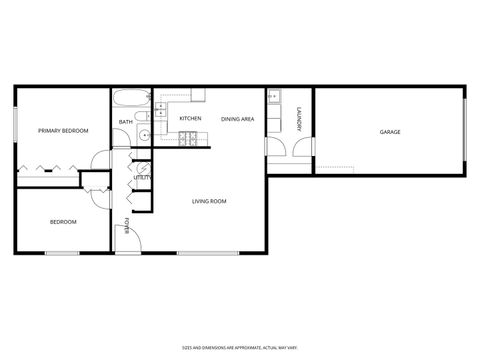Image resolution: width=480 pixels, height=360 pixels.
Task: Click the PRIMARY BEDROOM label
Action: [x=63, y=131]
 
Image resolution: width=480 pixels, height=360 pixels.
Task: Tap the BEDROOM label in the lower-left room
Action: [x=63, y=221]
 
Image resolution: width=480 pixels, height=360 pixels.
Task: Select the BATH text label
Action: [x=125, y=122]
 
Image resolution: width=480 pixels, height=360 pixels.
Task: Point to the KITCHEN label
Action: [x=190, y=119]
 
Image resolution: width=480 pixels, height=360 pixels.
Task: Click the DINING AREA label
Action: [x=237, y=119]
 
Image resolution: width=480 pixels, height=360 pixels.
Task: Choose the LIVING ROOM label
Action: [x=209, y=201]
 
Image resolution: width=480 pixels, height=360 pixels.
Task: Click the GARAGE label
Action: [x=390, y=131]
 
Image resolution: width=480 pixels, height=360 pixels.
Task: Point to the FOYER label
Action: [x=126, y=222]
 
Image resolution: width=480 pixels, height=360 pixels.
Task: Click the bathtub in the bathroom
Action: [x=130, y=99]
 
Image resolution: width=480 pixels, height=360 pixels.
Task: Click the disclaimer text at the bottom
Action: [x=239, y=346]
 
